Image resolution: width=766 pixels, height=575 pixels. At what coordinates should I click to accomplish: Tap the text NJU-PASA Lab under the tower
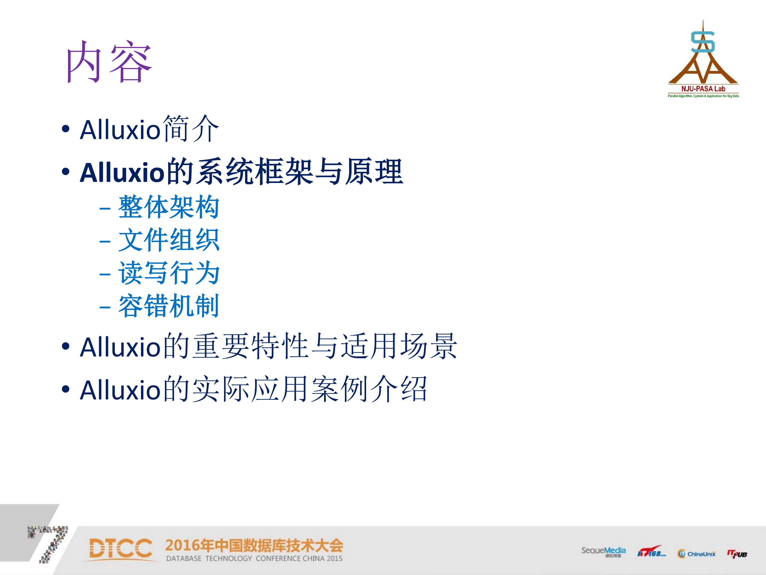tap(703, 89)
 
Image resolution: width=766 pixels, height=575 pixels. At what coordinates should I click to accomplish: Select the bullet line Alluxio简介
tap(149, 129)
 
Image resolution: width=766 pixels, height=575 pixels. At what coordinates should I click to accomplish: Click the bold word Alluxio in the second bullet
tap(122, 172)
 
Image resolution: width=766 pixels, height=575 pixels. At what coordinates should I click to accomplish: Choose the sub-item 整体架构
tap(169, 207)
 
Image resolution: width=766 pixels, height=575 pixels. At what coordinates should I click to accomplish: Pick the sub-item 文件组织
tap(169, 240)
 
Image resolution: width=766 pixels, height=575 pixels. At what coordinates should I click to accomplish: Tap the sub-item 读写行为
tap(169, 273)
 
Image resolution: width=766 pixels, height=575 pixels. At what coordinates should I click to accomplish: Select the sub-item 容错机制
tap(169, 306)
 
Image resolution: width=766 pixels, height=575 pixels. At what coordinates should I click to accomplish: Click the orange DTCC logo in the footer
tap(121, 549)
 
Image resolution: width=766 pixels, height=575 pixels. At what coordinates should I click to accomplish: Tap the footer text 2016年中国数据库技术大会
tap(254, 545)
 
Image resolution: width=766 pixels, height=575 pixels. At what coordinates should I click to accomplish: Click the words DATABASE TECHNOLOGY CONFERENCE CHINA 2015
tap(254, 558)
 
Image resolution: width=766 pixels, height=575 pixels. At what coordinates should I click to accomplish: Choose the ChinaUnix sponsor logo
tap(696, 553)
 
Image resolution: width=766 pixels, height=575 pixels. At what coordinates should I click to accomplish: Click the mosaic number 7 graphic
tap(50, 543)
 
